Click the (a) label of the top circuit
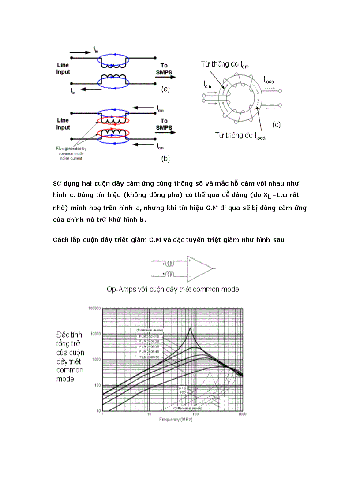tap(165, 89)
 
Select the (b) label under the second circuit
tap(165, 159)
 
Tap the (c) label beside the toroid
tap(277, 124)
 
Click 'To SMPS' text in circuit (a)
tap(164, 69)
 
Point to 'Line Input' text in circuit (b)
tap(64, 124)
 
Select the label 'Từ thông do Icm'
tap(225, 65)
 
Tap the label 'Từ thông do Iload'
tap(240, 136)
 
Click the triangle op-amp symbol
tap(199, 268)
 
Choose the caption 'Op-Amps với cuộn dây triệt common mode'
tap(173, 290)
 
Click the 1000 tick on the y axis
tap(95, 360)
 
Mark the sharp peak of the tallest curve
tap(190, 328)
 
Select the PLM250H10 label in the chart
tap(149, 336)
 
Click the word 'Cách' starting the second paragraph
tap(60, 240)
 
